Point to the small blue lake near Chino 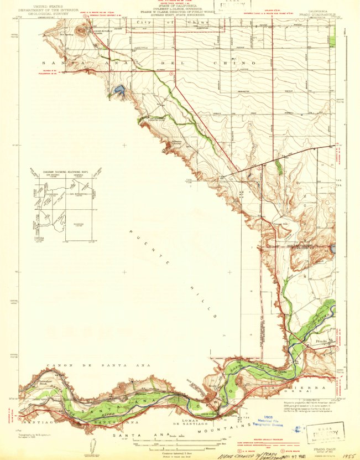(118, 90)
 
